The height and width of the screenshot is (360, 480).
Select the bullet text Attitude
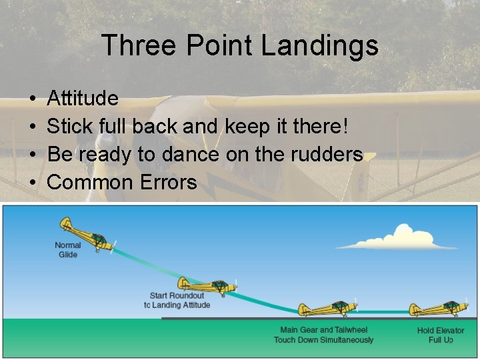(83, 99)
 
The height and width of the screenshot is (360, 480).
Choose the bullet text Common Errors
(122, 181)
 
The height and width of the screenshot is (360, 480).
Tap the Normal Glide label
(67, 250)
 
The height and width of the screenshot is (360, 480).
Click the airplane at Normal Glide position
(86, 235)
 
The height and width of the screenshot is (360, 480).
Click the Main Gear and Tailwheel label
(323, 330)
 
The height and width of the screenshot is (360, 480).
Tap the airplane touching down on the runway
(327, 309)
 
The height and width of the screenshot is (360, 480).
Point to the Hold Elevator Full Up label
(440, 335)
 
